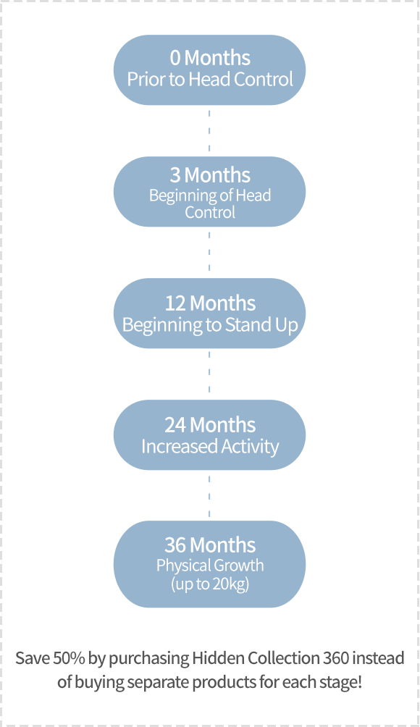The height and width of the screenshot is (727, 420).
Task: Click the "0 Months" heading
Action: [x=210, y=58]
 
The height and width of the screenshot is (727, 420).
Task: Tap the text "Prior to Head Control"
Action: [x=210, y=79]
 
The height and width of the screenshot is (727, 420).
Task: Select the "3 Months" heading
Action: [x=210, y=175]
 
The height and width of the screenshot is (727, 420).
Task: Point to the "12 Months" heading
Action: [x=210, y=303]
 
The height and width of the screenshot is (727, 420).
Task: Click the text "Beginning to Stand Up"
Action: [x=210, y=325]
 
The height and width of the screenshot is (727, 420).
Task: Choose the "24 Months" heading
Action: [x=210, y=425]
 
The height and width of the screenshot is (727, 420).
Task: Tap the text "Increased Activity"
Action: [x=210, y=447]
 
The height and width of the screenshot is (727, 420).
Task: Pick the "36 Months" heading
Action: [x=210, y=545]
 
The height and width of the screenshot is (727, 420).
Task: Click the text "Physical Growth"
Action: [x=210, y=566]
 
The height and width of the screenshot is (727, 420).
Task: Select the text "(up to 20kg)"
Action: [x=210, y=584]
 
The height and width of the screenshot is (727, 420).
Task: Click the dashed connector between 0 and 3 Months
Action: [x=209, y=131]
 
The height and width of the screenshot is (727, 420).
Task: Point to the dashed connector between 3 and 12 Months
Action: [x=209, y=252]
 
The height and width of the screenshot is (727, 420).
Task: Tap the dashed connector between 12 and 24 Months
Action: [x=209, y=374]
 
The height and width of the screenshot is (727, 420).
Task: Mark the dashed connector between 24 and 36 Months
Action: [x=209, y=495]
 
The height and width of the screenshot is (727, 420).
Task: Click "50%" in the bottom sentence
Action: [x=69, y=658]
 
